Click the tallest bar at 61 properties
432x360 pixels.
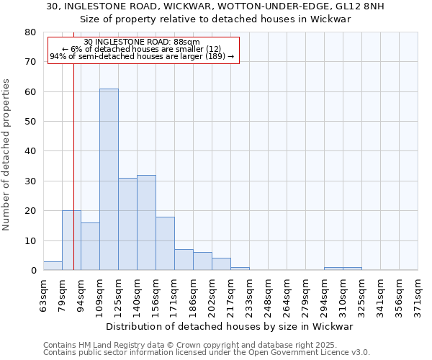(x=109, y=179)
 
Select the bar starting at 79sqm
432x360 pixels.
(x=71, y=240)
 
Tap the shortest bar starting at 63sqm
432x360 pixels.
(x=53, y=266)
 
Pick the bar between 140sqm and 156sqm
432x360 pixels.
(x=146, y=222)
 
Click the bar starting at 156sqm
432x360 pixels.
(x=165, y=243)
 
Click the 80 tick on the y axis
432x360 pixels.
(x=30, y=32)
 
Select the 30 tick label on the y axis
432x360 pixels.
(x=30, y=181)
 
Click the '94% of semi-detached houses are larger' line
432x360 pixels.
(x=142, y=56)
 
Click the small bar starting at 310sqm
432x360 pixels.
(x=352, y=269)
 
